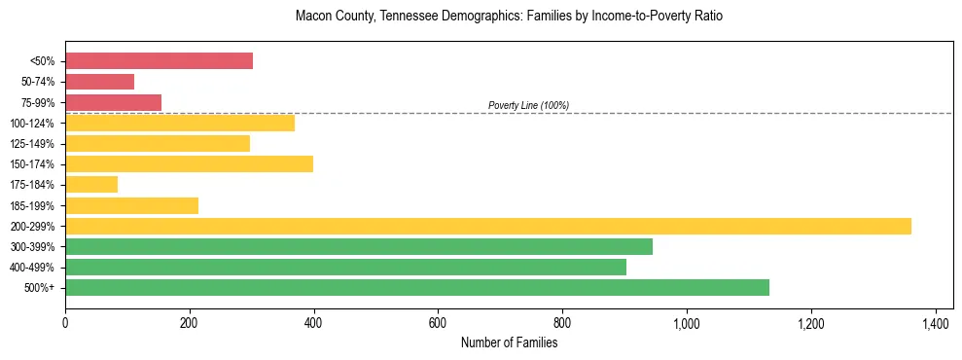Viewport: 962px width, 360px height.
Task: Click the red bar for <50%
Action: (159, 61)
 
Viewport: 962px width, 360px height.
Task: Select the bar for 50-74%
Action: (99, 82)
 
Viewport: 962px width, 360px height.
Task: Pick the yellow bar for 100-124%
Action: (180, 123)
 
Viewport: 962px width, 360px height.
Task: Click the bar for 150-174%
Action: (189, 163)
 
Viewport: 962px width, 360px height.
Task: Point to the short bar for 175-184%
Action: (91, 184)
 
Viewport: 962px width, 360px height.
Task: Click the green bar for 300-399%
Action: (359, 246)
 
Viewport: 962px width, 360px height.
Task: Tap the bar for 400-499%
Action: (345, 267)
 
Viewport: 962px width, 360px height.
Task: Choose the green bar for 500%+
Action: (417, 287)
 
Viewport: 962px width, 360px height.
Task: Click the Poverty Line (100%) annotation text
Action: (528, 105)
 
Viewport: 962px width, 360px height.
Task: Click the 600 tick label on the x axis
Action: (438, 322)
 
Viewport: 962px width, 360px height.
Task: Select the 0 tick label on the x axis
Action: (65, 322)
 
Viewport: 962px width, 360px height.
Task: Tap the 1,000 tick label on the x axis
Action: (687, 322)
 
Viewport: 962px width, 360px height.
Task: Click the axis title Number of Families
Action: (509, 342)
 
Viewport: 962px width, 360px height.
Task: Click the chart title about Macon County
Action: (509, 17)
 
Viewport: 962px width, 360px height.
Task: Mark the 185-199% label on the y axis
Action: (34, 205)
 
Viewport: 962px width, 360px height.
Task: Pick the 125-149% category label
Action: (34, 144)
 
